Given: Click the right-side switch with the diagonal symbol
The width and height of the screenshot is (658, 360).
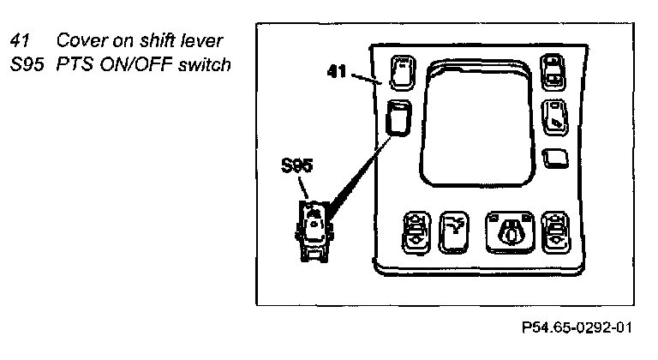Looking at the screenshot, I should [x=553, y=116].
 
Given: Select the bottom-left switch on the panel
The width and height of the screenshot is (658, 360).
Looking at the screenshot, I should [x=416, y=229].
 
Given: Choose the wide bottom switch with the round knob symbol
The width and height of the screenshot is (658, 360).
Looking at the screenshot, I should [x=510, y=229].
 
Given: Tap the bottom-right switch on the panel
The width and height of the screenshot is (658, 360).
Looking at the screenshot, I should [x=557, y=229].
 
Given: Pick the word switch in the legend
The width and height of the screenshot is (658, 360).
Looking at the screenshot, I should [x=207, y=64].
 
